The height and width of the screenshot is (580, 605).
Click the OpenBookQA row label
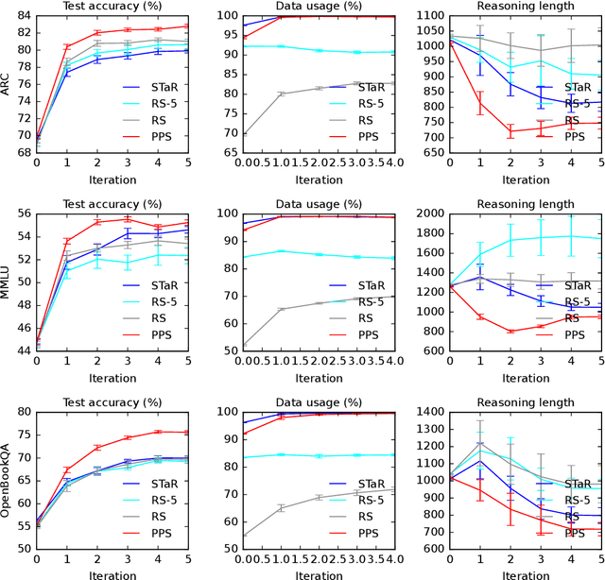click(8, 482)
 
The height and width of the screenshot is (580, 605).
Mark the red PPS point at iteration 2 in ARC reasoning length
click(511, 131)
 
